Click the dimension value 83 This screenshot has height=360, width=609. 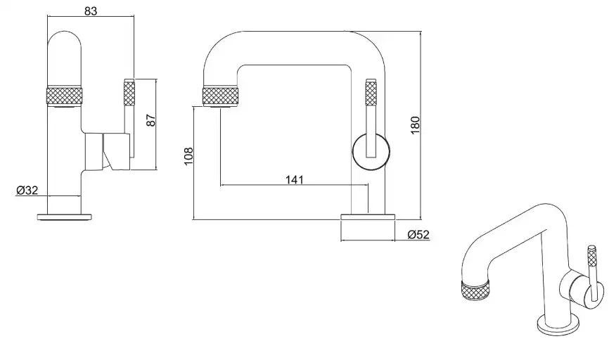point(91,11)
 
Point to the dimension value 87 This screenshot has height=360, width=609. point(151,120)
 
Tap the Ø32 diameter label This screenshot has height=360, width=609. point(27,191)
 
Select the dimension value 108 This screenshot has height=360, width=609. point(188,155)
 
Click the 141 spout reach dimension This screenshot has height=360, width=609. point(295,179)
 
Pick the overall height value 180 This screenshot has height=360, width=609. point(415,125)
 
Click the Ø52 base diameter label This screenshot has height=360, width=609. point(418,235)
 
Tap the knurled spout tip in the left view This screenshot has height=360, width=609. point(65,96)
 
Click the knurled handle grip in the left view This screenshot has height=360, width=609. point(129,92)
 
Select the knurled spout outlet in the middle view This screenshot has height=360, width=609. point(222,96)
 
